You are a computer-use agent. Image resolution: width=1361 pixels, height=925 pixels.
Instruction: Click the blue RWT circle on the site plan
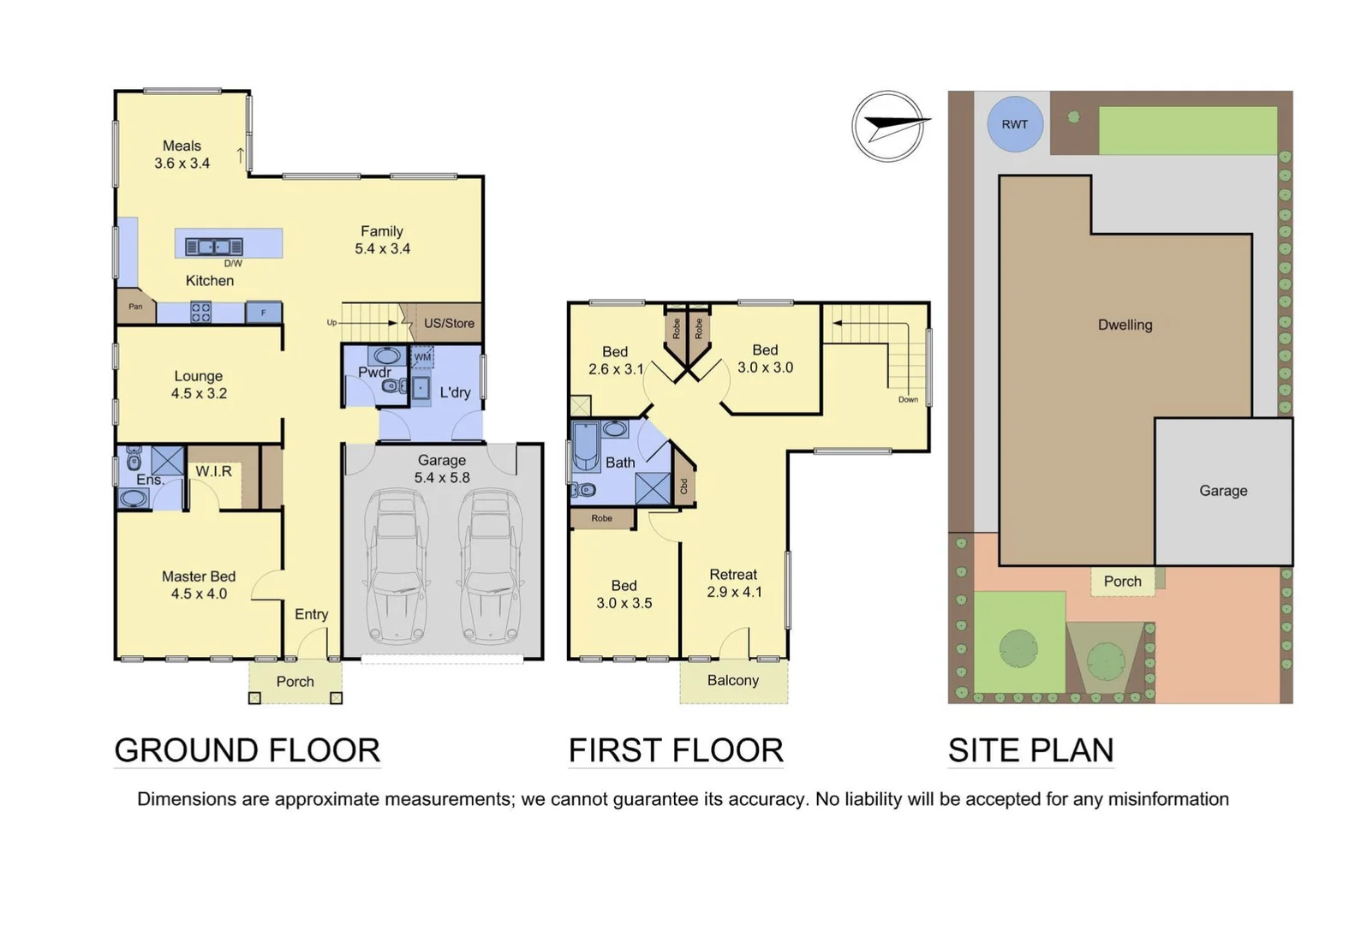point(1014,124)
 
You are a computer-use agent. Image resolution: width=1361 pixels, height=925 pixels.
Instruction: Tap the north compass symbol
point(888,127)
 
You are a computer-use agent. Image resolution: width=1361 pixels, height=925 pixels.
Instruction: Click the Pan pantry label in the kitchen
point(135,307)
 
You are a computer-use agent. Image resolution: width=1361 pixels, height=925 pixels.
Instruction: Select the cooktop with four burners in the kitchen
point(200,312)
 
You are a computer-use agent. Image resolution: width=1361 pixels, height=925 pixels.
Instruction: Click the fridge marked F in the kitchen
point(264,313)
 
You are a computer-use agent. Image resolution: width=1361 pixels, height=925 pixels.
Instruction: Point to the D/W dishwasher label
point(233,264)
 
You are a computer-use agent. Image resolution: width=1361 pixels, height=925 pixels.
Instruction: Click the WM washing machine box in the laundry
point(423,357)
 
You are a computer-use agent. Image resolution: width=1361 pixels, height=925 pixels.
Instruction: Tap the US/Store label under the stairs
point(449,323)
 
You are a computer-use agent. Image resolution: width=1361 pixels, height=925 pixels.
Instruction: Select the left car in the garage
point(397,567)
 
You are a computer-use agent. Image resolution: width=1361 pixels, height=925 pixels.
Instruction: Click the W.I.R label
point(213,471)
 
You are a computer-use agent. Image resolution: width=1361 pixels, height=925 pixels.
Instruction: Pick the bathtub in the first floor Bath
point(586,445)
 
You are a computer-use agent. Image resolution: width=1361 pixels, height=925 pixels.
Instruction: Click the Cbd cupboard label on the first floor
point(683,486)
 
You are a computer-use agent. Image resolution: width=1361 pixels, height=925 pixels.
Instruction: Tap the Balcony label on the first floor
point(733,680)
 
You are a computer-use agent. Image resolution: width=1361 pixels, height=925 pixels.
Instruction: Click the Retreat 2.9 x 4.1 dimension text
point(734,592)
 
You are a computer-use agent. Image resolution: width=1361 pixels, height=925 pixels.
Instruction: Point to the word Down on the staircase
point(908,399)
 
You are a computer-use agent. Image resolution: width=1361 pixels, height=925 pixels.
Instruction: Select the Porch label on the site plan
point(1122,582)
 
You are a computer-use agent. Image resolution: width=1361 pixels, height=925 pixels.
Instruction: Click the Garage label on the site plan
point(1223,491)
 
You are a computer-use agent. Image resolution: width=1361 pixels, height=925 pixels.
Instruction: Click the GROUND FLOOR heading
point(247,750)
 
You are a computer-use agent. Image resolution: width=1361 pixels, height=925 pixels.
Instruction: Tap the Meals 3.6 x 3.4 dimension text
point(182,163)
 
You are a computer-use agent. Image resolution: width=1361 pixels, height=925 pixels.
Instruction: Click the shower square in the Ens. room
point(168,461)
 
